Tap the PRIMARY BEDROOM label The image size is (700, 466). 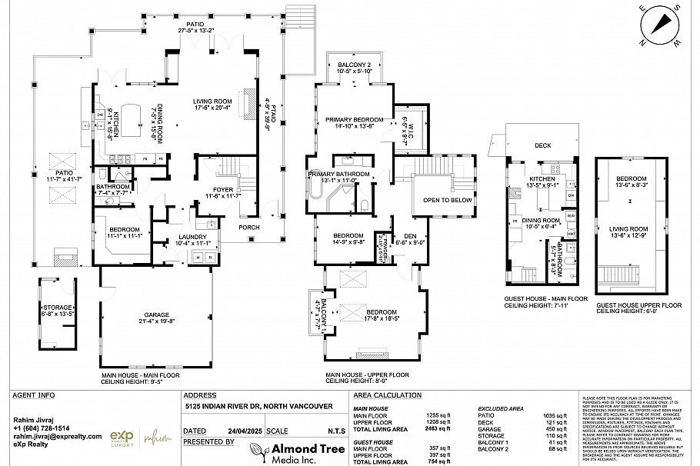coord(354,120)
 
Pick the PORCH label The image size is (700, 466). coord(249,226)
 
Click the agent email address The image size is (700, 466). coord(58,436)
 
